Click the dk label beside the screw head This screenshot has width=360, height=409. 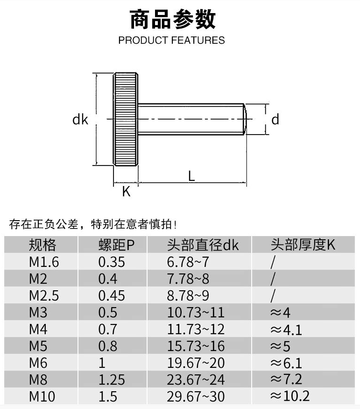pos(80,120)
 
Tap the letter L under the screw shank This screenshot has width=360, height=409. pos(191,176)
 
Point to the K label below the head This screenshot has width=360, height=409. pos(126,191)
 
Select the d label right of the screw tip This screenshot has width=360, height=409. pos(275,120)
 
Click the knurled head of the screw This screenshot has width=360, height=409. pos(125,119)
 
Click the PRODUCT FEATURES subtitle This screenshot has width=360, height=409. pos(171,40)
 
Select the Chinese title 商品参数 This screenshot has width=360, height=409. pos(172,20)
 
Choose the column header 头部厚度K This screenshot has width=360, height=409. pos(303,244)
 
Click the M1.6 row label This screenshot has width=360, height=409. pos(44,262)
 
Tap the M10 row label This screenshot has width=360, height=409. pos(42,396)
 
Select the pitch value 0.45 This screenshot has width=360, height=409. pos(112,296)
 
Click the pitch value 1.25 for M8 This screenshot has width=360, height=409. pos(112,380)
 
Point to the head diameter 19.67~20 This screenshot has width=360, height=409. pos(196,363)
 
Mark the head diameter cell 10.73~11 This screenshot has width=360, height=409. pos(196,313)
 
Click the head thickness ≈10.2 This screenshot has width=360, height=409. pos(289,396)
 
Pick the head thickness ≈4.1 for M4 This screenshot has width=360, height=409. pos(286,330)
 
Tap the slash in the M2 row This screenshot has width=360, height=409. pos(274,279)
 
